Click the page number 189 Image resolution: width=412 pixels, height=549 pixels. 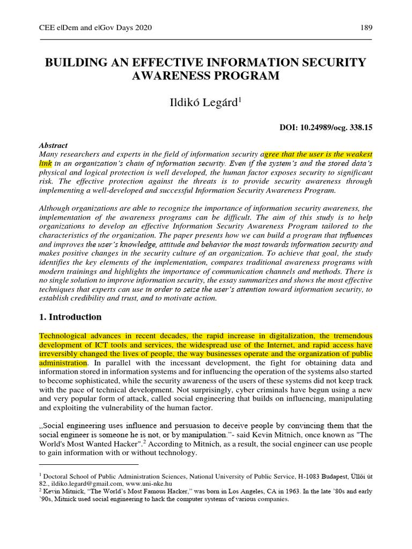pos(366,28)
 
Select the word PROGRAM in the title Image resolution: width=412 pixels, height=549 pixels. pos(248,76)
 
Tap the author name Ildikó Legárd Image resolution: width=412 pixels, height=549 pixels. pos(205,103)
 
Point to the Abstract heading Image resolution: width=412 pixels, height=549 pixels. pos(54,145)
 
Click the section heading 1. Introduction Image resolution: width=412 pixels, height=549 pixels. pos(70,317)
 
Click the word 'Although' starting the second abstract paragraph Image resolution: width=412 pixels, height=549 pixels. pos(55,208)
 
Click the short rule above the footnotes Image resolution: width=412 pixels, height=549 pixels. pos(89,465)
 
